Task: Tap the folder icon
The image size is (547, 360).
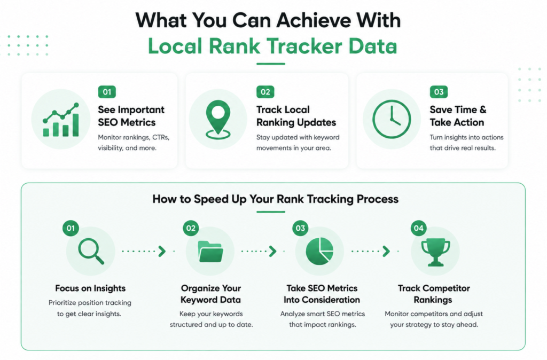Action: pyautogui.click(x=210, y=252)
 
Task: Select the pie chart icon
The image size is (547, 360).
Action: pyautogui.click(x=319, y=251)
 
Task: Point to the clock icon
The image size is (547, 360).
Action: pyautogui.click(x=392, y=119)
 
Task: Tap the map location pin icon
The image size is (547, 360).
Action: pyautogui.click(x=218, y=119)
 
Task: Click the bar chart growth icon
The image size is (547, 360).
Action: pyautogui.click(x=61, y=120)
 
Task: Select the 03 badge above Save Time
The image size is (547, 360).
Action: pyautogui.click(x=439, y=92)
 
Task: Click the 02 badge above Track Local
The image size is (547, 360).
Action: pyautogui.click(x=265, y=92)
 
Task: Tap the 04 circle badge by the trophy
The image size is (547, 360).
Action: pyautogui.click(x=419, y=228)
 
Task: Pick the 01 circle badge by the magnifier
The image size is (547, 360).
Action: pyautogui.click(x=71, y=228)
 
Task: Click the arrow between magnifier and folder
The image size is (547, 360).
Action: pyautogui.click(x=144, y=251)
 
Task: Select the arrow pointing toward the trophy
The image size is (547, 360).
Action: pyautogui.click(x=371, y=251)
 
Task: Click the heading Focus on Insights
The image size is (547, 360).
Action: pyautogui.click(x=90, y=288)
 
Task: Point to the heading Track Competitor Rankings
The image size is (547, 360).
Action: pyautogui.click(x=434, y=294)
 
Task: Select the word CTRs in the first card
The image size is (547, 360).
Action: pyautogui.click(x=160, y=137)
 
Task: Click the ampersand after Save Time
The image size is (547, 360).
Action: pyautogui.click(x=483, y=109)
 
